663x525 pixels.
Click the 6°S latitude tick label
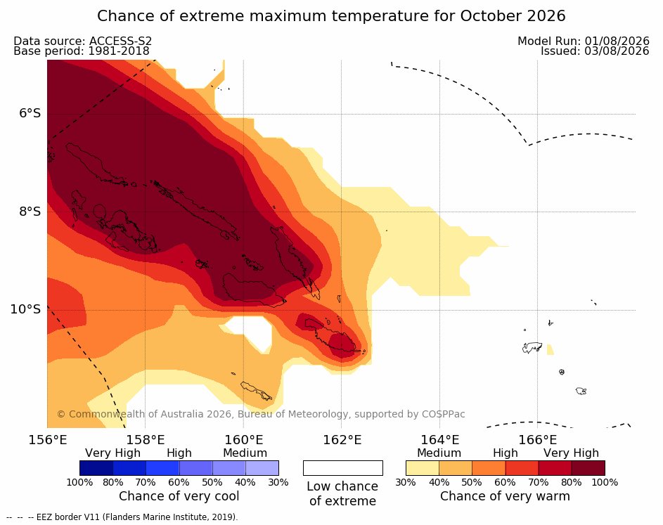(30, 113)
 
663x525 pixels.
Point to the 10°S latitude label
(25, 309)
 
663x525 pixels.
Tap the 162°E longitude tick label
(342, 440)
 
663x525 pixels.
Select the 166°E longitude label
(537, 440)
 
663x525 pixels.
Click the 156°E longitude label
(47, 440)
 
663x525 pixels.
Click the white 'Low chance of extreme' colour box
(343, 468)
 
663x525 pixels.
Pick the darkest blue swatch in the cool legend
(96, 468)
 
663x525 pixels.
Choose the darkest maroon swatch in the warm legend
(588, 468)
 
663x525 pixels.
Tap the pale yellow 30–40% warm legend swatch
(423, 468)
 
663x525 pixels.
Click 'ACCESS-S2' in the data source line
(120, 41)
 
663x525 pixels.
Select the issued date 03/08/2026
(617, 51)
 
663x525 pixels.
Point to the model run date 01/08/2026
(617, 41)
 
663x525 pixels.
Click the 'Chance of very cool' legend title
(179, 496)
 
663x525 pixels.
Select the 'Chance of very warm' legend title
(505, 496)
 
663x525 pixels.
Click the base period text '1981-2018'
(118, 51)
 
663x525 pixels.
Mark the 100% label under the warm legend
(605, 482)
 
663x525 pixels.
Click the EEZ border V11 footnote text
(137, 517)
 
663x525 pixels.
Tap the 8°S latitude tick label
(30, 212)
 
